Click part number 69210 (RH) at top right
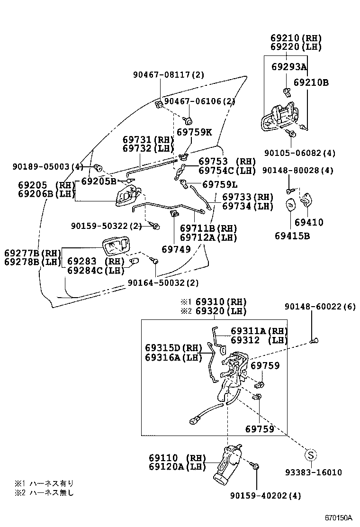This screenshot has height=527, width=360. (x=296, y=38)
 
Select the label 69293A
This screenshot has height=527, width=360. (x=289, y=67)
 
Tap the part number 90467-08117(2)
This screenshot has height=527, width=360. (x=169, y=74)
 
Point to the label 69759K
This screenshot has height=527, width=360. (x=195, y=132)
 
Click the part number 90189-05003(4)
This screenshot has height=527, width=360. (x=48, y=167)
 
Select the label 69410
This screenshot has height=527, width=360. (x=308, y=222)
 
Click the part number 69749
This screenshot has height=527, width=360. (x=176, y=248)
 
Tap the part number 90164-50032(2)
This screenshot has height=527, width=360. (x=163, y=283)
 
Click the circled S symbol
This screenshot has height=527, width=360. (x=311, y=455)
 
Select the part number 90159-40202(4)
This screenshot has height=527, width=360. (x=266, y=496)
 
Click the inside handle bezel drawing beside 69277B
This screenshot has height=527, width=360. (x=115, y=246)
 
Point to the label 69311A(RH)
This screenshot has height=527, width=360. (x=259, y=331)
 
